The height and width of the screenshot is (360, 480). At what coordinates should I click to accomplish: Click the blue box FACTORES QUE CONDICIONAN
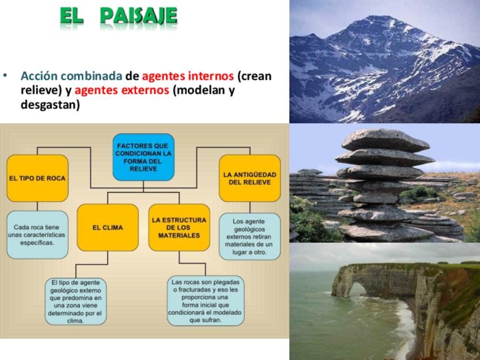click(x=143, y=157)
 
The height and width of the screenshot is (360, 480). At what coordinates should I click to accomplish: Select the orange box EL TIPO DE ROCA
click(x=37, y=178)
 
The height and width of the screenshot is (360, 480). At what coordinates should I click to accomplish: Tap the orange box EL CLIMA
click(x=108, y=228)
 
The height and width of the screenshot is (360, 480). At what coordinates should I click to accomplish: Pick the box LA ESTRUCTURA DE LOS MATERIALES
click(x=179, y=228)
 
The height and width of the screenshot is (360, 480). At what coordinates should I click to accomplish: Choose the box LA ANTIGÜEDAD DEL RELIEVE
click(x=250, y=178)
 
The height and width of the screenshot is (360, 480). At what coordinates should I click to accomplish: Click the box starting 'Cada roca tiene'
click(x=37, y=235)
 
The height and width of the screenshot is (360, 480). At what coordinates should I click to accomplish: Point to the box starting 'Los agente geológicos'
click(x=250, y=237)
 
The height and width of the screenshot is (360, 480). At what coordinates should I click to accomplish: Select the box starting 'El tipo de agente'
click(x=76, y=302)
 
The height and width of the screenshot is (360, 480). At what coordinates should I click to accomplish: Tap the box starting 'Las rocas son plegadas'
click(x=205, y=301)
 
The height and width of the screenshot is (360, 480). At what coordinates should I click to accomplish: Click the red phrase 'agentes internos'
click(x=188, y=76)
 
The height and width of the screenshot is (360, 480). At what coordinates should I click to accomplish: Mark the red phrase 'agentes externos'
click(x=122, y=91)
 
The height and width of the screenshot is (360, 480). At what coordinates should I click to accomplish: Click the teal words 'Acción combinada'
click(x=72, y=76)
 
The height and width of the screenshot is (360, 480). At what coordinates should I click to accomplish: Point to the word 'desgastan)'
click(x=50, y=105)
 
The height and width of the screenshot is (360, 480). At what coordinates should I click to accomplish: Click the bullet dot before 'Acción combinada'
click(x=5, y=75)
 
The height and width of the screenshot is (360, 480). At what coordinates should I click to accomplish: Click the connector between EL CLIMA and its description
click(x=92, y=264)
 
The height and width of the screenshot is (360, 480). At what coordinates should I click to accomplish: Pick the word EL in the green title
click(x=71, y=16)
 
